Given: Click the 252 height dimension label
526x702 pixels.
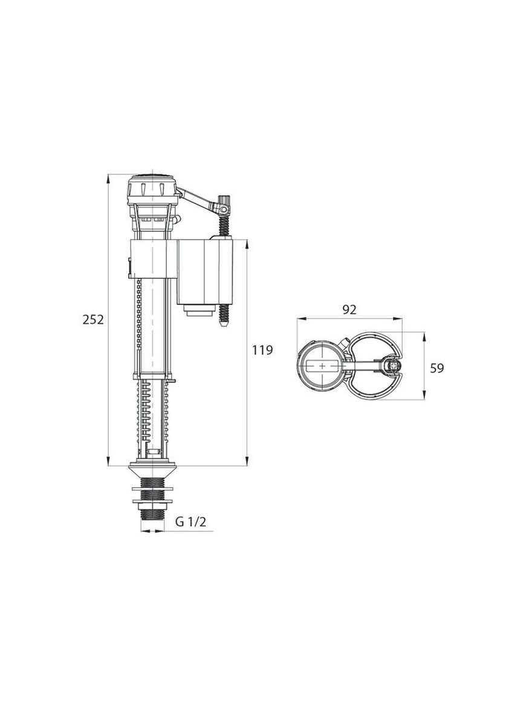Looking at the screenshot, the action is (93, 320).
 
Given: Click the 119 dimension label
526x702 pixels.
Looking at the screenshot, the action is (262, 350).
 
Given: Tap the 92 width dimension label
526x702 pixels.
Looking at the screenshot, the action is (349, 309).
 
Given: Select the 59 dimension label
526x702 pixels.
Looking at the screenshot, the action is (437, 368).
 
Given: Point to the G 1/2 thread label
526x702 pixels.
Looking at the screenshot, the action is (191, 522).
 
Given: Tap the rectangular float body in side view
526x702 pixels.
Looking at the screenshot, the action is (205, 272).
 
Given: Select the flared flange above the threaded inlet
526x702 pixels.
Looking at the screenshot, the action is (152, 471).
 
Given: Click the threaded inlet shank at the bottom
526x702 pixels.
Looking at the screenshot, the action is (152, 499).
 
